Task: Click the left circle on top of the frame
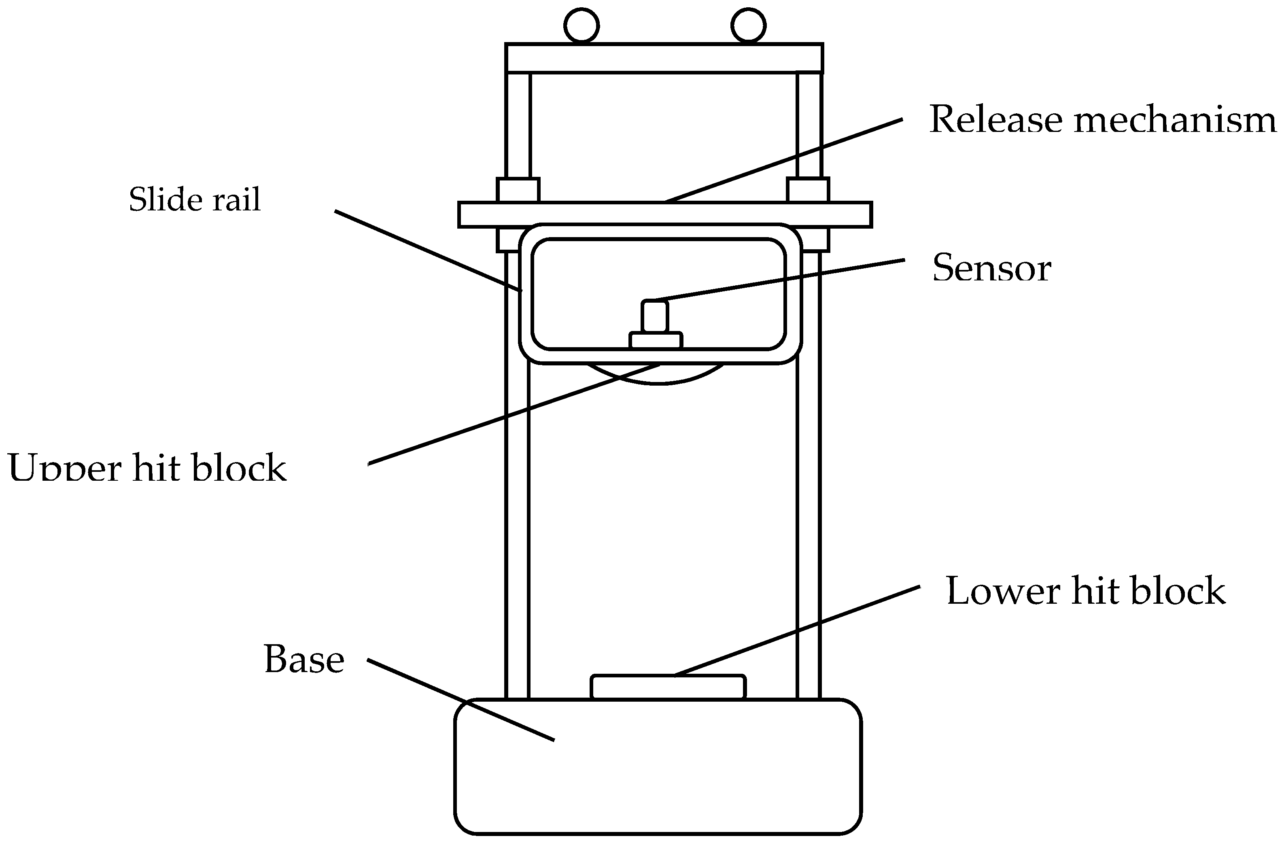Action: click(x=582, y=25)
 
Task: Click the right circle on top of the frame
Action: click(x=748, y=25)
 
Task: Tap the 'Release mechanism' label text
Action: click(x=1102, y=119)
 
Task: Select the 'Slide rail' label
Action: click(x=195, y=199)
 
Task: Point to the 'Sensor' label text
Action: click(x=991, y=268)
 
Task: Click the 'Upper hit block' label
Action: click(x=147, y=467)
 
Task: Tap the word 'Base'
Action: click(x=304, y=659)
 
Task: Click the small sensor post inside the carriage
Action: click(x=654, y=316)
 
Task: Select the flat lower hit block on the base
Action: click(x=668, y=687)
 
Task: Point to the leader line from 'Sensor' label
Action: click(x=783, y=280)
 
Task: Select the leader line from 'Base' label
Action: click(x=460, y=700)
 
